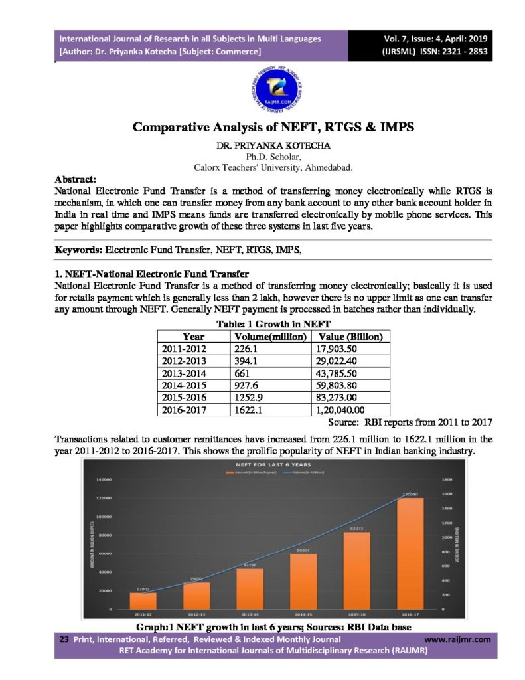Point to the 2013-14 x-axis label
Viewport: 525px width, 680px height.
click(249, 614)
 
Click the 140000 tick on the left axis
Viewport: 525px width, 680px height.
click(103, 479)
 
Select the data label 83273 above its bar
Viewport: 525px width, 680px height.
click(356, 529)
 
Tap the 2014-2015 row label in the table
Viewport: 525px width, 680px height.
click(185, 385)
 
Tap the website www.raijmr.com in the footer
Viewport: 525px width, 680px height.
click(456, 639)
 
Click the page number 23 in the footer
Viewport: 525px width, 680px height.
click(64, 639)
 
